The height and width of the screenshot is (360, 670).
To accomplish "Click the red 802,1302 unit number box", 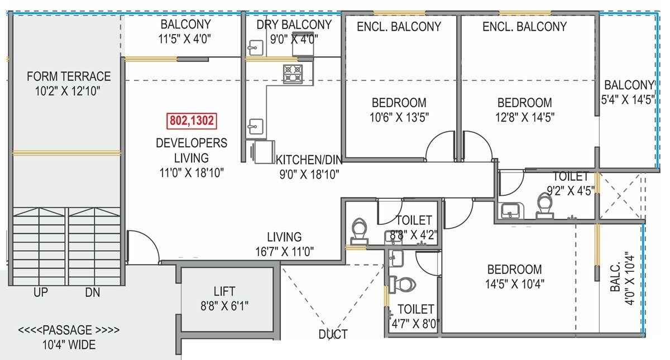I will click(x=192, y=121).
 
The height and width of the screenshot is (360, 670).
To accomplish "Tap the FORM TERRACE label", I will click(x=69, y=76).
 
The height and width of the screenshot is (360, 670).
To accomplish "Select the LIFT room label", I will click(x=224, y=291).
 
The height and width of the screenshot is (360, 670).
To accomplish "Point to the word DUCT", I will click(x=333, y=334).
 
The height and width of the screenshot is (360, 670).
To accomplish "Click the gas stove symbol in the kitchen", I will click(x=293, y=74).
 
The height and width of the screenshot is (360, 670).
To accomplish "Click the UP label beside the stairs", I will click(x=40, y=292).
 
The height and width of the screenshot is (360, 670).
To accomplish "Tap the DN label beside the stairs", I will click(x=93, y=292).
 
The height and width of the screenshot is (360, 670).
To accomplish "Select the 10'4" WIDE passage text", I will click(x=69, y=345).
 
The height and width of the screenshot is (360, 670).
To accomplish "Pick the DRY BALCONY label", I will click(x=294, y=25).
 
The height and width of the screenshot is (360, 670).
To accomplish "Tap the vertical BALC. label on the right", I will click(x=616, y=280).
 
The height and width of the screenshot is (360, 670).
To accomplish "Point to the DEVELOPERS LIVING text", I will click(x=192, y=150).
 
